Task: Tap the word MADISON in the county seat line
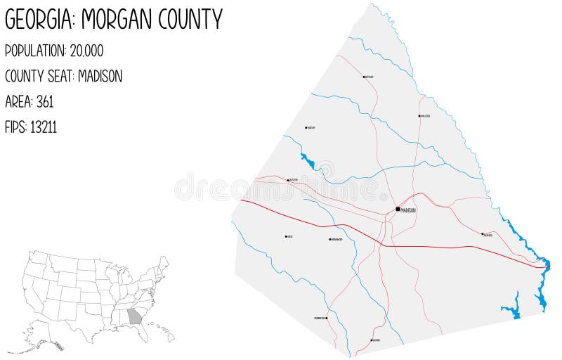click(x=100, y=76)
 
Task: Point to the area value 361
click(x=44, y=101)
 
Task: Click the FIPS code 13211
click(x=44, y=127)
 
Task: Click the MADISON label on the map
click(x=409, y=210)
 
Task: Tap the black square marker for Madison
click(x=398, y=209)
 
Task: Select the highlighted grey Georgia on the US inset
click(x=134, y=316)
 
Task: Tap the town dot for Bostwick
click(x=364, y=77)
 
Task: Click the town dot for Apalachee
click(x=419, y=116)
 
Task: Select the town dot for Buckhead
click(x=483, y=234)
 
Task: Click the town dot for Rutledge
click(x=288, y=180)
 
